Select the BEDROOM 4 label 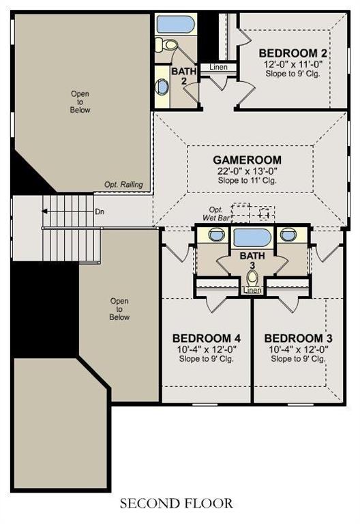point(206,338)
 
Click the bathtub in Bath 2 point(176,25)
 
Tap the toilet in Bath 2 point(171,46)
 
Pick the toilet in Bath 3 point(252,277)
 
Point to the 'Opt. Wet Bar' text point(215,214)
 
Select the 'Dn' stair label point(100,212)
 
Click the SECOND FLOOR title point(176,504)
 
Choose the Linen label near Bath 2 point(218,67)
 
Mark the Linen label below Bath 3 point(252,291)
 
